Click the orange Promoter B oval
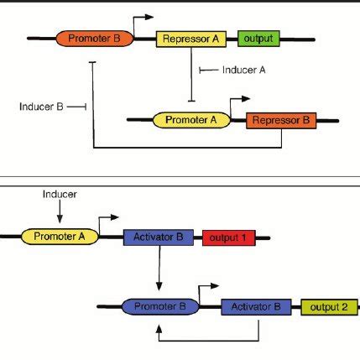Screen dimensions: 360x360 (93, 39)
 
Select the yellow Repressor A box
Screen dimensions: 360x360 (192, 39)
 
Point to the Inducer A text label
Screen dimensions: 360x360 (244, 70)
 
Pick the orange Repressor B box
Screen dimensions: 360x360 (280, 121)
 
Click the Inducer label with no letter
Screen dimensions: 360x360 (60, 194)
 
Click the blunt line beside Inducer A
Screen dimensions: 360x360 (209, 70)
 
